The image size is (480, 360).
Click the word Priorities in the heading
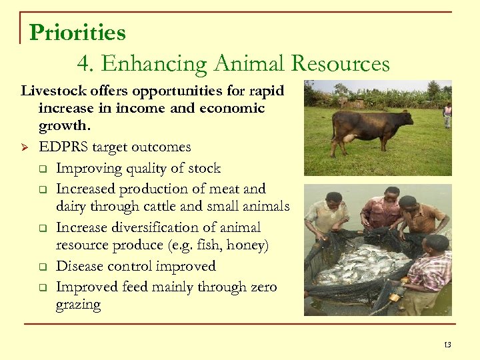coord(77,32)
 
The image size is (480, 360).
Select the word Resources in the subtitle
coord(345,64)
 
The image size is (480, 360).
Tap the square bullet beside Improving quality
coord(42,169)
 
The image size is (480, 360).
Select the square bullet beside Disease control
coord(42,267)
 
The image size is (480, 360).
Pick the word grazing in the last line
coord(79,305)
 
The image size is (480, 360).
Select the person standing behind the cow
coord(447,115)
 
